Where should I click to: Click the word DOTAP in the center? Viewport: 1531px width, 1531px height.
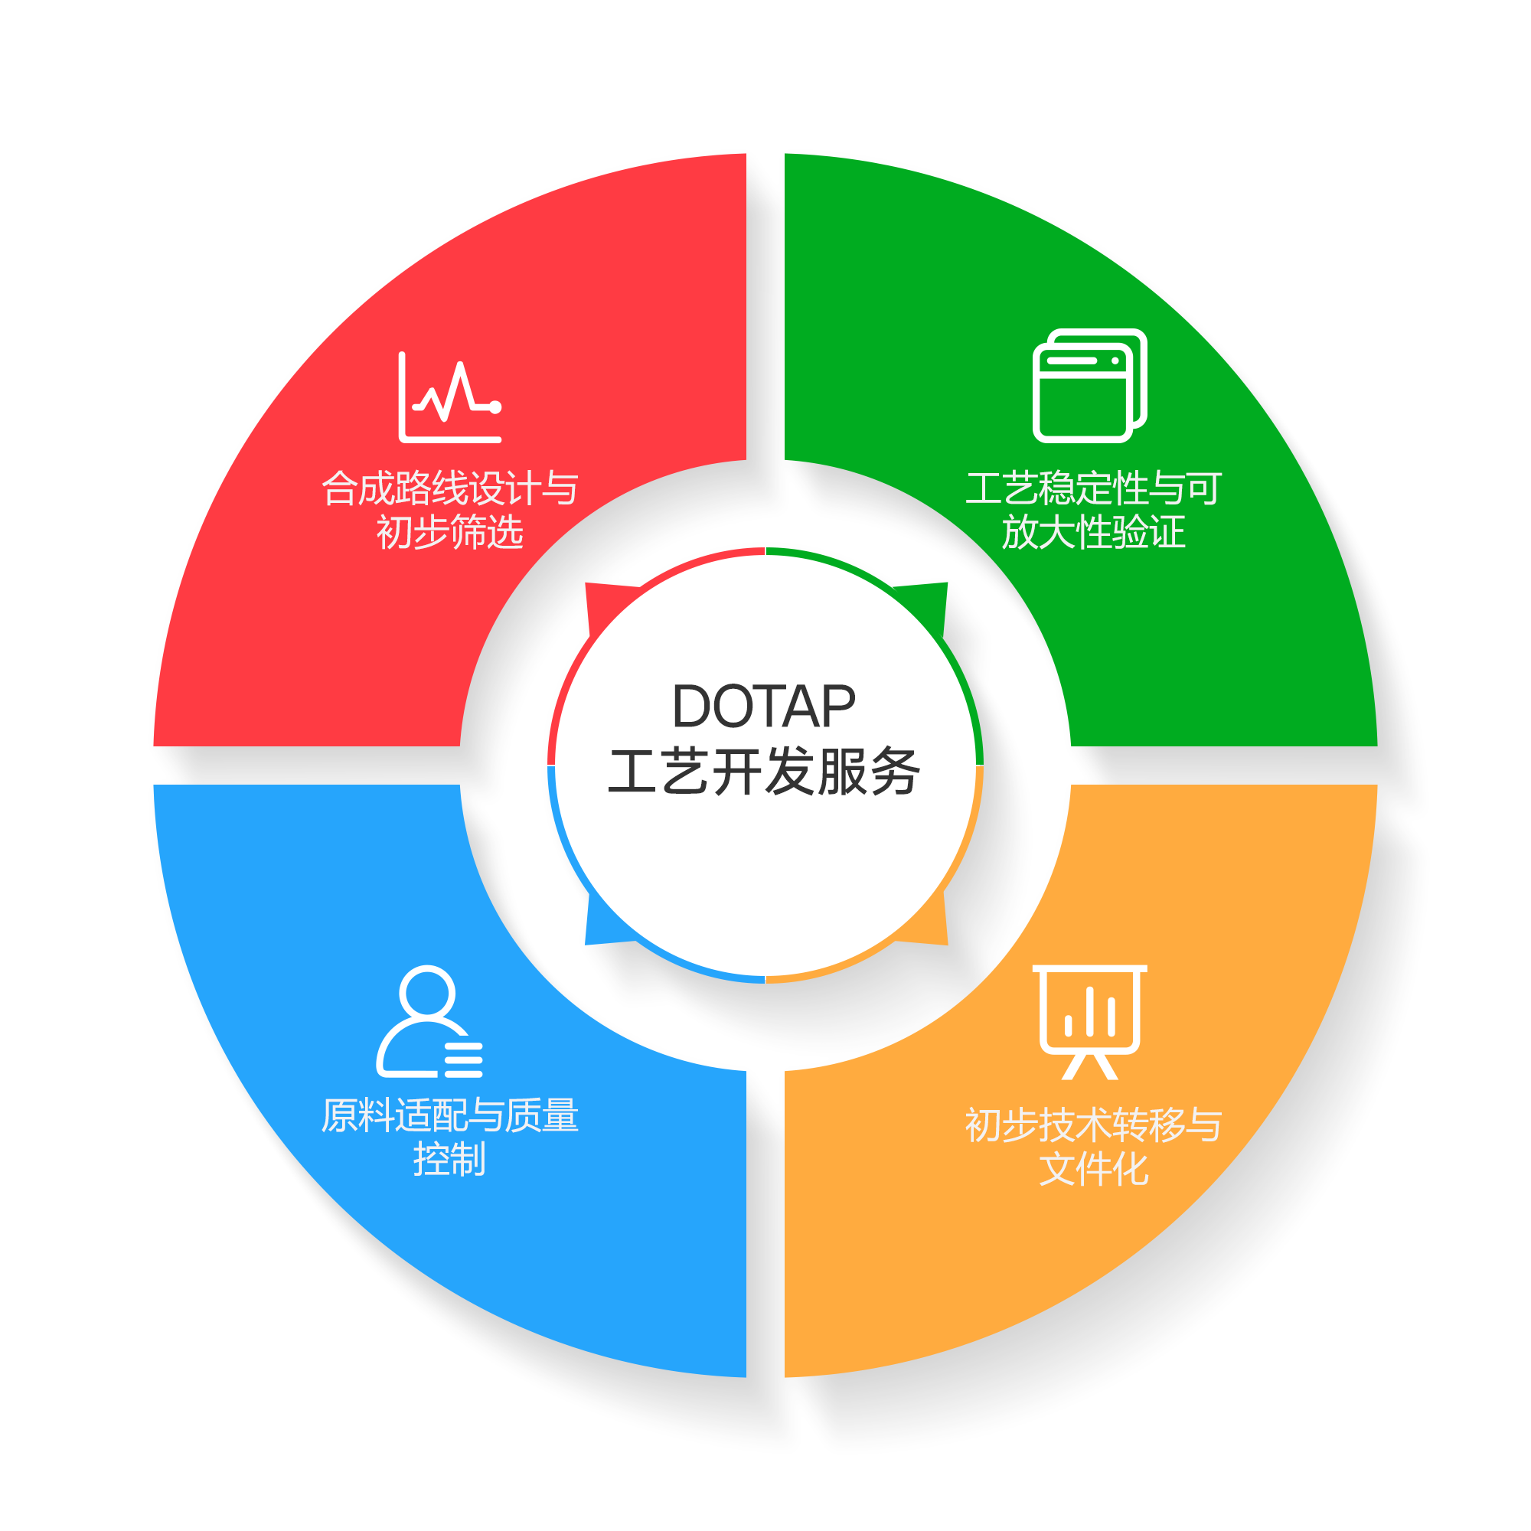pyautogui.click(x=763, y=706)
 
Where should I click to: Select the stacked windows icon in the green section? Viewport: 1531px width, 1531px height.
pyautogui.click(x=1089, y=386)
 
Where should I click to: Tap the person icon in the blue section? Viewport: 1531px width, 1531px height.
pyautogui.click(x=428, y=1021)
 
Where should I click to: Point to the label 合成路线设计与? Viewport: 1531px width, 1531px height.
pyautogui.click(x=449, y=488)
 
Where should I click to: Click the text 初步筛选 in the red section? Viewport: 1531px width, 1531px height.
pyautogui.click(x=449, y=532)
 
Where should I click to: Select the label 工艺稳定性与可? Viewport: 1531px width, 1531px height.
pyautogui.click(x=1094, y=488)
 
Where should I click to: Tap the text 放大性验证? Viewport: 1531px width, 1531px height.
pyautogui.click(x=1094, y=532)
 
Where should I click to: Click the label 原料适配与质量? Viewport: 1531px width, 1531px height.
pyautogui.click(x=449, y=1116)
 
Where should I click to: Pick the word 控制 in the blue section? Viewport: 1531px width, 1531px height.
pyautogui.click(x=449, y=1159)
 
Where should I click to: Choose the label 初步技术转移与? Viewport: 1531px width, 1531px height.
pyautogui.click(x=1094, y=1125)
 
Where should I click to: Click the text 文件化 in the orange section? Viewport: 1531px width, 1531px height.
pyautogui.click(x=1094, y=1170)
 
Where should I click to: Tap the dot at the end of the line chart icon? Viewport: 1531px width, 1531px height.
pyautogui.click(x=495, y=407)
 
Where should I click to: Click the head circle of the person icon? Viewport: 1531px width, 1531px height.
pyautogui.click(x=428, y=992)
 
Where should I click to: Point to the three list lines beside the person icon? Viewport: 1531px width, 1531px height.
pyautogui.click(x=464, y=1060)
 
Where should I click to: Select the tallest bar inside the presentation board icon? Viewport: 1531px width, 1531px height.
pyautogui.click(x=1089, y=1011)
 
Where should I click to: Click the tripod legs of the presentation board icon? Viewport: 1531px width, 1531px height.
pyautogui.click(x=1089, y=1066)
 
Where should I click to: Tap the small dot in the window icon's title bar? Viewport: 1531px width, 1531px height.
pyautogui.click(x=1115, y=361)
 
